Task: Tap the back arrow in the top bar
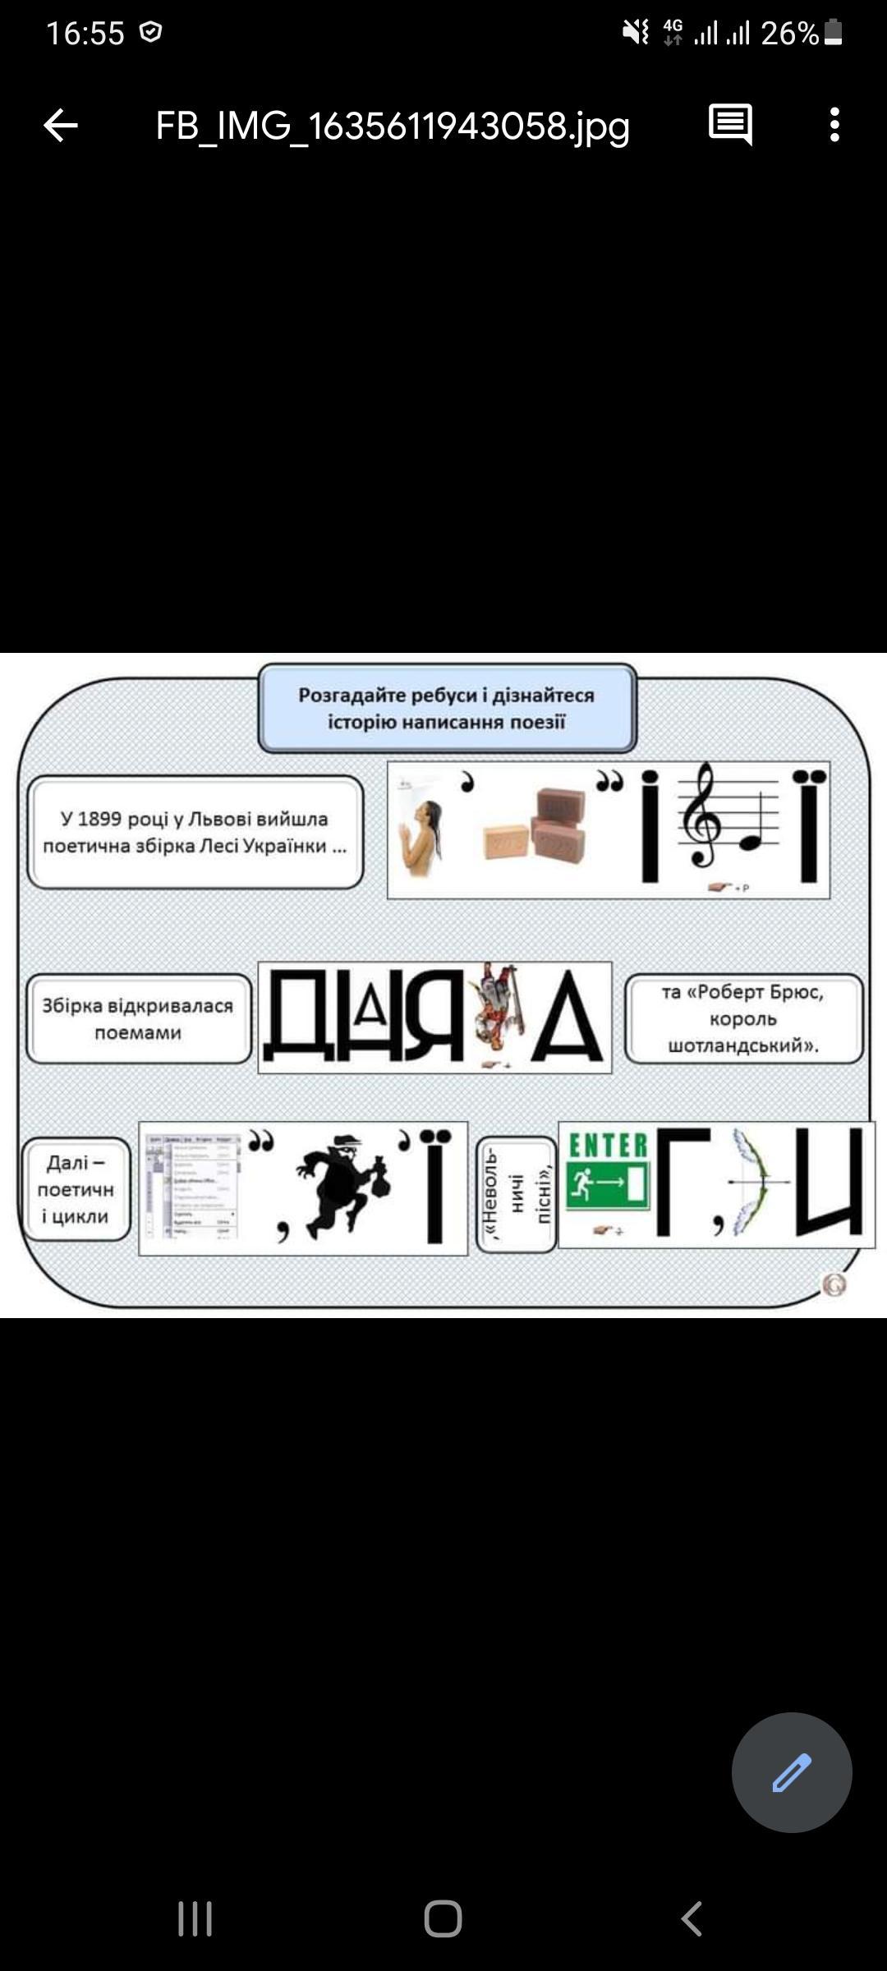[x=61, y=126]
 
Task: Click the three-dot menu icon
[x=834, y=125]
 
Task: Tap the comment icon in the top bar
[x=730, y=125]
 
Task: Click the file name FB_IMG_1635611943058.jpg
[x=393, y=126]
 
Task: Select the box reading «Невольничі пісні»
[x=516, y=1194]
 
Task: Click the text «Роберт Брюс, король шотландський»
[x=743, y=1018]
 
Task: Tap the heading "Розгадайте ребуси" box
[x=447, y=708]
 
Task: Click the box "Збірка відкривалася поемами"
[x=138, y=1018]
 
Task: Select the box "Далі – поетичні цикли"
[x=76, y=1189]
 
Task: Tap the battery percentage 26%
[x=789, y=34]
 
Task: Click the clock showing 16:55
[x=85, y=34]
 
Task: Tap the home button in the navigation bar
[x=443, y=1919]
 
